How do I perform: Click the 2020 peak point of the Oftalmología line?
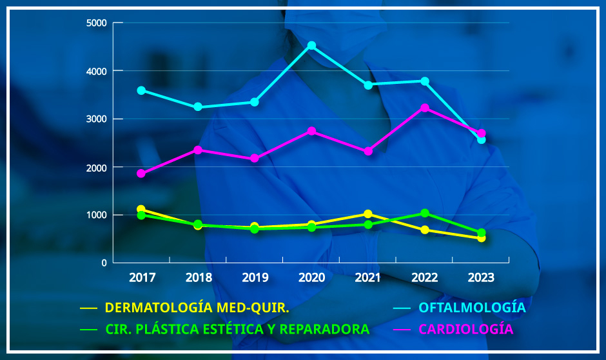pyautogui.click(x=311, y=46)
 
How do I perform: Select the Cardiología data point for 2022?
pyautogui.click(x=425, y=108)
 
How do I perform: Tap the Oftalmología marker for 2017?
pyautogui.click(x=141, y=90)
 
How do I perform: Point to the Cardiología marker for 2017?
pyautogui.click(x=141, y=174)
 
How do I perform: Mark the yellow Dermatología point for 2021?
pyautogui.click(x=368, y=214)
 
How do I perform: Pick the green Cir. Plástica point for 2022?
pyautogui.click(x=425, y=213)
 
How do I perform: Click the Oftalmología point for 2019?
pyautogui.click(x=255, y=102)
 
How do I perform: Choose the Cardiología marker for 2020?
pyautogui.click(x=311, y=131)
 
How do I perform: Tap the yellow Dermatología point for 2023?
pyautogui.click(x=481, y=238)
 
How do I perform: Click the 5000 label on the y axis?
pyautogui.click(x=96, y=23)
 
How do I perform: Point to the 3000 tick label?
pyautogui.click(x=96, y=119)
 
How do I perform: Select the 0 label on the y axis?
pyautogui.click(x=104, y=263)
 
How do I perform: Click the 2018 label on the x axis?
pyautogui.click(x=199, y=278)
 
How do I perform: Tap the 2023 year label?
pyautogui.click(x=481, y=278)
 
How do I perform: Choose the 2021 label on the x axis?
pyautogui.click(x=368, y=278)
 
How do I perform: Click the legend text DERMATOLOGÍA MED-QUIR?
pyautogui.click(x=197, y=308)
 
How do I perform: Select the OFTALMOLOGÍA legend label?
pyautogui.click(x=473, y=308)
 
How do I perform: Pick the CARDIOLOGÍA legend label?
pyautogui.click(x=466, y=329)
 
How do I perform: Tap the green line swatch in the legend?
pyautogui.click(x=88, y=329)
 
